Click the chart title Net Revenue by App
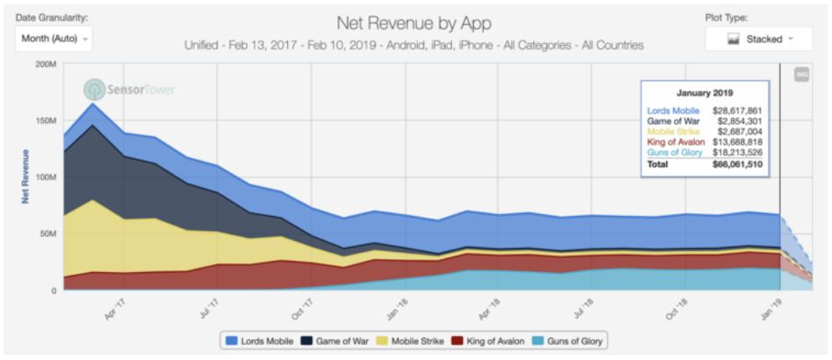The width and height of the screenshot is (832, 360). click(413, 23)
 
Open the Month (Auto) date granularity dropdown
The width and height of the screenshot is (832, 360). click(53, 39)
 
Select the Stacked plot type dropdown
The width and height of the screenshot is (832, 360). click(758, 39)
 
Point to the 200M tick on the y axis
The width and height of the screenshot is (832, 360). click(44, 64)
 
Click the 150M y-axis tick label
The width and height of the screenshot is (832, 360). click(44, 121)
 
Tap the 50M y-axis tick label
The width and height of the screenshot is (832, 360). click(47, 234)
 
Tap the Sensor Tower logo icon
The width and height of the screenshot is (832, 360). click(95, 89)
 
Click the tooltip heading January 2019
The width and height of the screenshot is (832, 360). click(705, 93)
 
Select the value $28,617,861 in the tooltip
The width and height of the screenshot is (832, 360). click(737, 110)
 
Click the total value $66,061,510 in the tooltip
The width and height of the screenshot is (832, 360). click(737, 164)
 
